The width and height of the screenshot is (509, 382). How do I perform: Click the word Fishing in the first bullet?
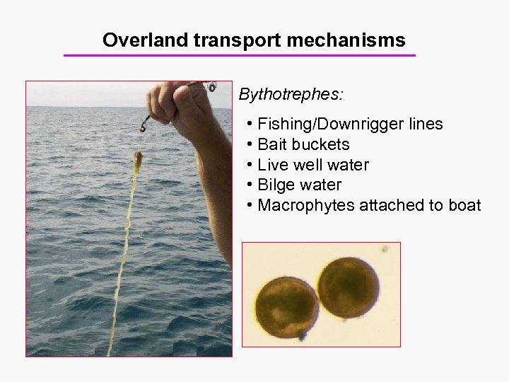pyautogui.click(x=286, y=125)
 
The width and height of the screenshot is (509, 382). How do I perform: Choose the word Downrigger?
pyautogui.click(x=361, y=125)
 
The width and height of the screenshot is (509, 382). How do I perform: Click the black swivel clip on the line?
pyautogui.click(x=144, y=125)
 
